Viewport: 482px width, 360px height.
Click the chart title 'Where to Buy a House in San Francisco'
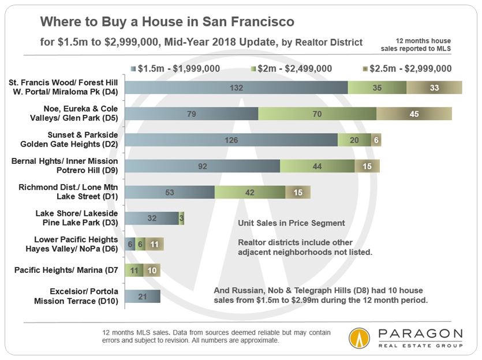(167, 22)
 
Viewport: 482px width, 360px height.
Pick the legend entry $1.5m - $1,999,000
(171, 69)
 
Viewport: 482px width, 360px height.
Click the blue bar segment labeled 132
(237, 88)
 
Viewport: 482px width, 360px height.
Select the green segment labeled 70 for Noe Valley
(317, 114)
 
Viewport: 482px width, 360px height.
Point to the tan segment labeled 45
(414, 114)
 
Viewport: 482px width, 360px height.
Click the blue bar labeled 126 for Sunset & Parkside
(231, 140)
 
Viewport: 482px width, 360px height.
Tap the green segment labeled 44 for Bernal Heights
(317, 166)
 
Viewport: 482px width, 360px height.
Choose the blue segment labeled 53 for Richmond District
(170, 192)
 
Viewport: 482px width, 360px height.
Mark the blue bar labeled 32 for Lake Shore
(152, 219)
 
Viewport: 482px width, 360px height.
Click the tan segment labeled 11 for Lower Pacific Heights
(154, 245)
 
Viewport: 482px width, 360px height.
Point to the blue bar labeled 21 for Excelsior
(143, 297)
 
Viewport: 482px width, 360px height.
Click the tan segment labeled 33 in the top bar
(434, 88)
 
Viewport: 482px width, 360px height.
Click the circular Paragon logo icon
(360, 338)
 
